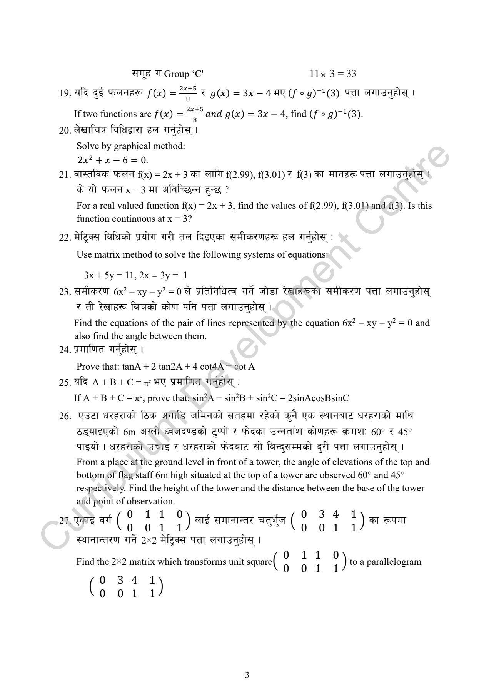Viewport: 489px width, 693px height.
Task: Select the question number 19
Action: point(64,94)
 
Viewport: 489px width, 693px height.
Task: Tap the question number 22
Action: point(64,238)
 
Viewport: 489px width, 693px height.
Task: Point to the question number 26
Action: point(65,417)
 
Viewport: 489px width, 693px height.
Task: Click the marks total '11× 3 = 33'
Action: point(333,74)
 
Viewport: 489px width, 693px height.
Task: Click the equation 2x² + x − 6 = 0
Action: point(113,160)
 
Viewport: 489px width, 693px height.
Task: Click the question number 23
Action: point(64,292)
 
